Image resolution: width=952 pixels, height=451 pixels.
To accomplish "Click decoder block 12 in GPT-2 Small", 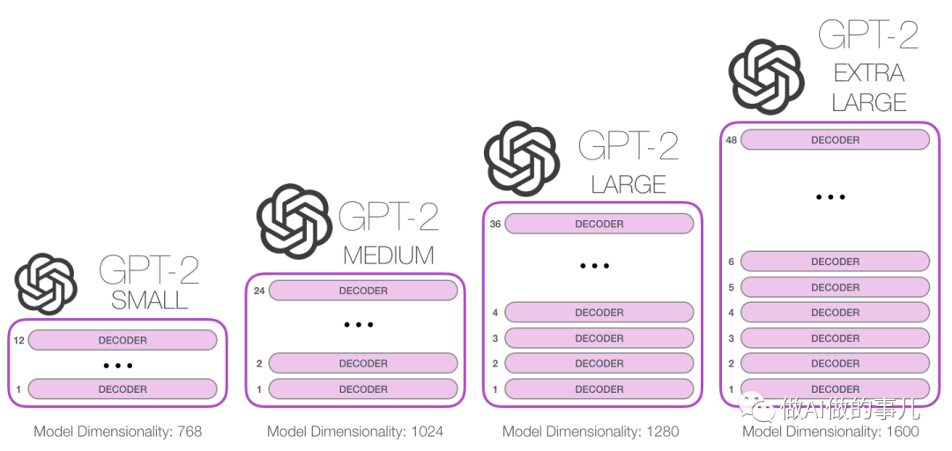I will coord(123,340).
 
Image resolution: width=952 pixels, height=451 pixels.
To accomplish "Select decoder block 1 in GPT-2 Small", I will coord(123,388).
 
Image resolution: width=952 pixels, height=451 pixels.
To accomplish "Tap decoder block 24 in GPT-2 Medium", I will coord(363,291).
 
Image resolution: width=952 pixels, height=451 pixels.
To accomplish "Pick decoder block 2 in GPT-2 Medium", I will coord(363,363).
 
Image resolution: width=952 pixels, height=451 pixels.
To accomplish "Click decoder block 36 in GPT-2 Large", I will coord(599,224).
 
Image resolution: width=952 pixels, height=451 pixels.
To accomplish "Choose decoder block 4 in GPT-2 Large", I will coord(599,313).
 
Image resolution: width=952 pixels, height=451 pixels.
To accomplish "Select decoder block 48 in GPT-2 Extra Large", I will coord(835,140).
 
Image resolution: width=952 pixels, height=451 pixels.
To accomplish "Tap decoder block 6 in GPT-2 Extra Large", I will coord(835,262).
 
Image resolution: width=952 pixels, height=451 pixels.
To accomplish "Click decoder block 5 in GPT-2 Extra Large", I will coord(835,287).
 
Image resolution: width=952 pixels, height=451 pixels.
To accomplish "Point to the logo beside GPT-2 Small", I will coord(47,284).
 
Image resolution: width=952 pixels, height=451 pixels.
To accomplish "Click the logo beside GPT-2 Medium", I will coord(294,221).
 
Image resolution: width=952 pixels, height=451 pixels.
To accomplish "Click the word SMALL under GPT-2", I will coord(150,300).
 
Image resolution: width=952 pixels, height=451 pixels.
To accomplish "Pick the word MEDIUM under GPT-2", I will coord(389,255).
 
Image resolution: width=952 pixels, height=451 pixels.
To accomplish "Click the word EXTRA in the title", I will coord(869,72).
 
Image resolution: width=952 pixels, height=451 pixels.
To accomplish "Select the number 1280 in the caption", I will coord(662,432).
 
